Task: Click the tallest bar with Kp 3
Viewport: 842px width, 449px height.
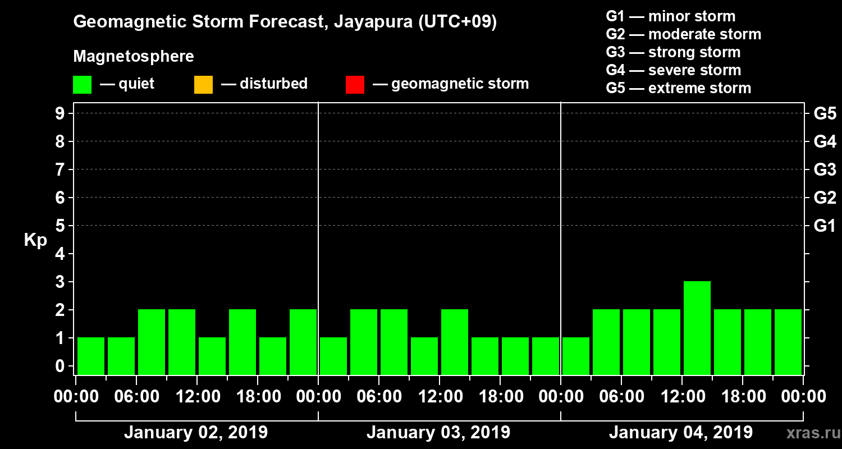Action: click(697, 328)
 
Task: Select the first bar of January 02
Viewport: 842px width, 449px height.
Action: click(91, 356)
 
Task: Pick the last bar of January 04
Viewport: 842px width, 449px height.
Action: click(788, 342)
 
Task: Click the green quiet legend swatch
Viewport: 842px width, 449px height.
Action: click(83, 85)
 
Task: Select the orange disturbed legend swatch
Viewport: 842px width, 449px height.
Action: click(203, 85)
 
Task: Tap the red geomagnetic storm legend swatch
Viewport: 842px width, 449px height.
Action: click(355, 85)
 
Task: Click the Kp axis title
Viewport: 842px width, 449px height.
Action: click(35, 240)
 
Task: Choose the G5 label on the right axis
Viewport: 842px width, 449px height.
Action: click(825, 114)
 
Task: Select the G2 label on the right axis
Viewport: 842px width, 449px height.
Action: click(825, 198)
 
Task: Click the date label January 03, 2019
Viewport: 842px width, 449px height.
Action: click(438, 433)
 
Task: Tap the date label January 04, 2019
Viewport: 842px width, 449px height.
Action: click(681, 433)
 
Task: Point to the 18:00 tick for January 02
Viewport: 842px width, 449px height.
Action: click(258, 397)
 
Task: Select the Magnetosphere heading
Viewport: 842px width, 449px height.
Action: click(134, 57)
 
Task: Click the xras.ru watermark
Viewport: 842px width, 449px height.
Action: click(808, 433)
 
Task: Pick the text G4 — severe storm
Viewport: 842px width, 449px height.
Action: click(674, 70)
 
